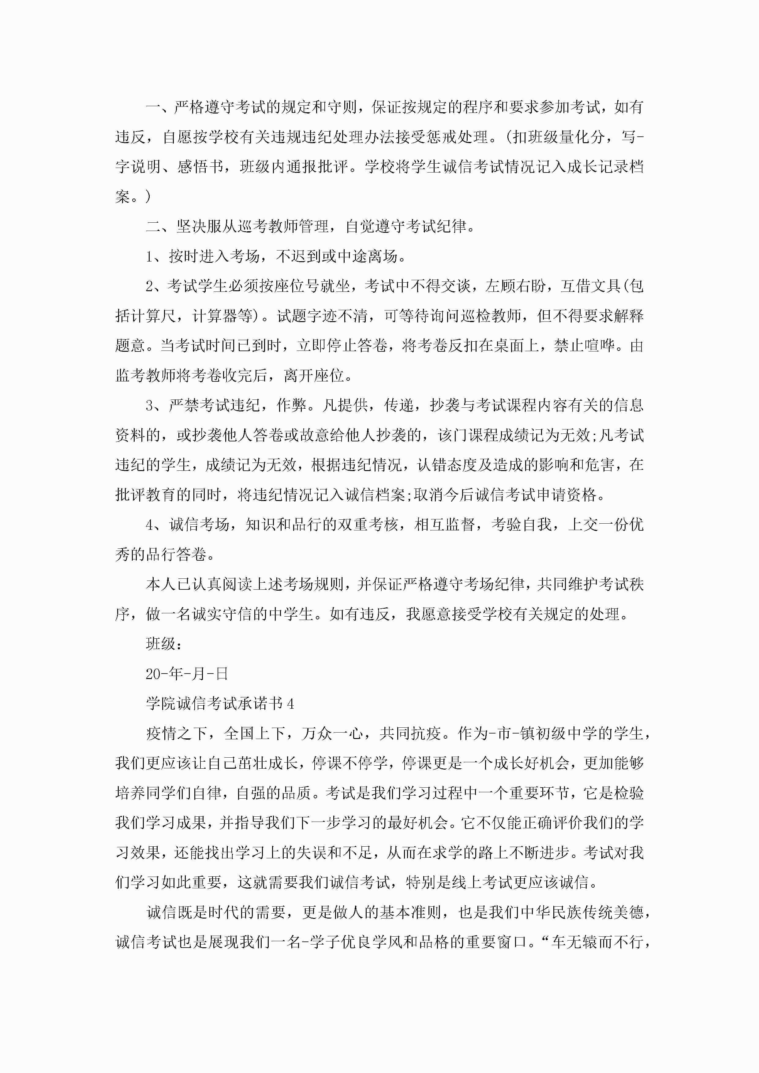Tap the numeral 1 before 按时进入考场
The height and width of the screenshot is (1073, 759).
[x=150, y=257]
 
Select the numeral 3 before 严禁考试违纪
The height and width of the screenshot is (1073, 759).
[x=150, y=406]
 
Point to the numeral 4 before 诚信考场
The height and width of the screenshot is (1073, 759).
[x=150, y=525]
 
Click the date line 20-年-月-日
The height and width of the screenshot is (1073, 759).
[x=187, y=674]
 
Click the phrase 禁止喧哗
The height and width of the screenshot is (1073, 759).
[x=584, y=346]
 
